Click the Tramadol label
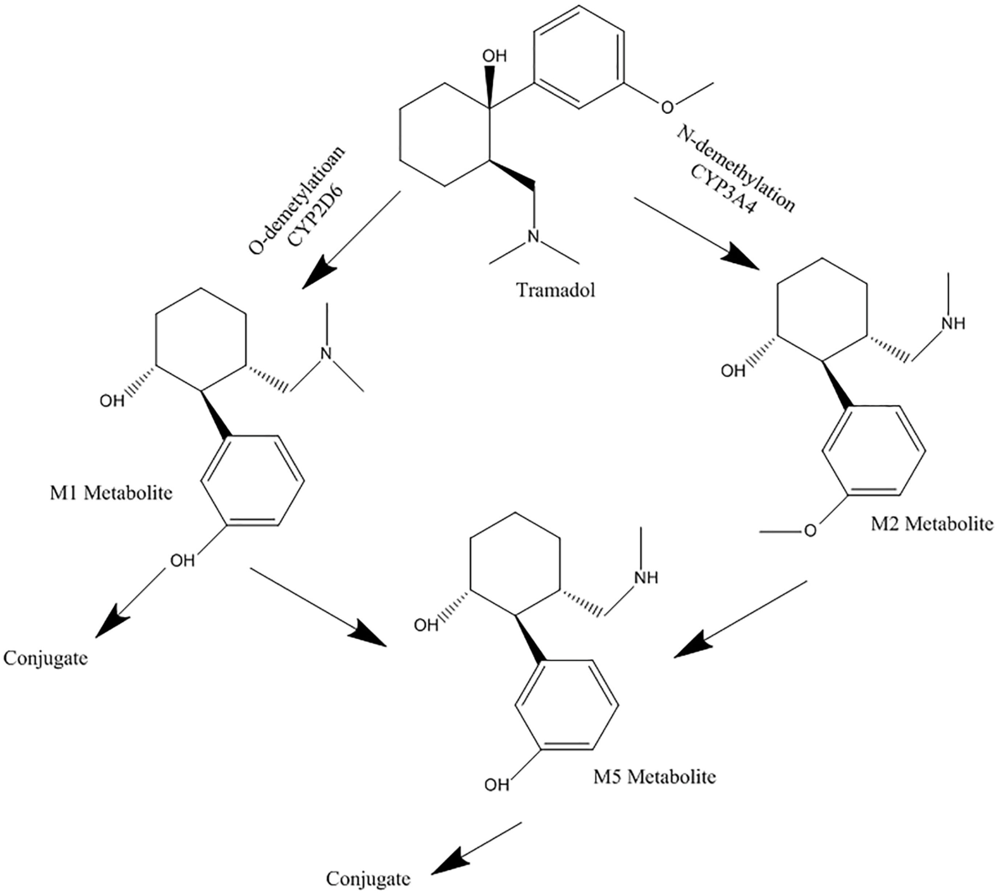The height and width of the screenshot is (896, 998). pos(555,290)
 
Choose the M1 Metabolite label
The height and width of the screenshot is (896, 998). pos(111,493)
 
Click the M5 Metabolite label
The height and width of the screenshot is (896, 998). pos(654,777)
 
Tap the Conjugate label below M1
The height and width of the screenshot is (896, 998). pos(46,658)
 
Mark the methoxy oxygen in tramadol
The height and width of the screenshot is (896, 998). pos(666,107)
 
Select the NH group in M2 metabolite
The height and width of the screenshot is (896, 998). pos(953,323)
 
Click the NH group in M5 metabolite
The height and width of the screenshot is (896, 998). pos(646,577)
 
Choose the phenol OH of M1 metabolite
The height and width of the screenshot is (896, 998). pos(182,560)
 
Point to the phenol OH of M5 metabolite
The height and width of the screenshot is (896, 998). pos(496,784)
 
